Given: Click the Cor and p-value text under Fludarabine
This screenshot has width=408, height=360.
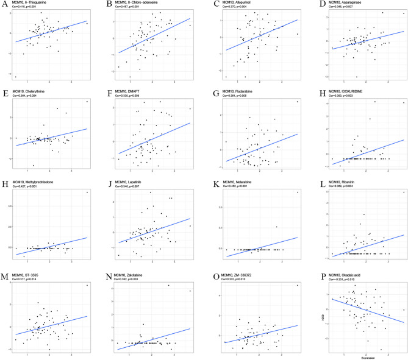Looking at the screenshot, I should click(238, 98).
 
